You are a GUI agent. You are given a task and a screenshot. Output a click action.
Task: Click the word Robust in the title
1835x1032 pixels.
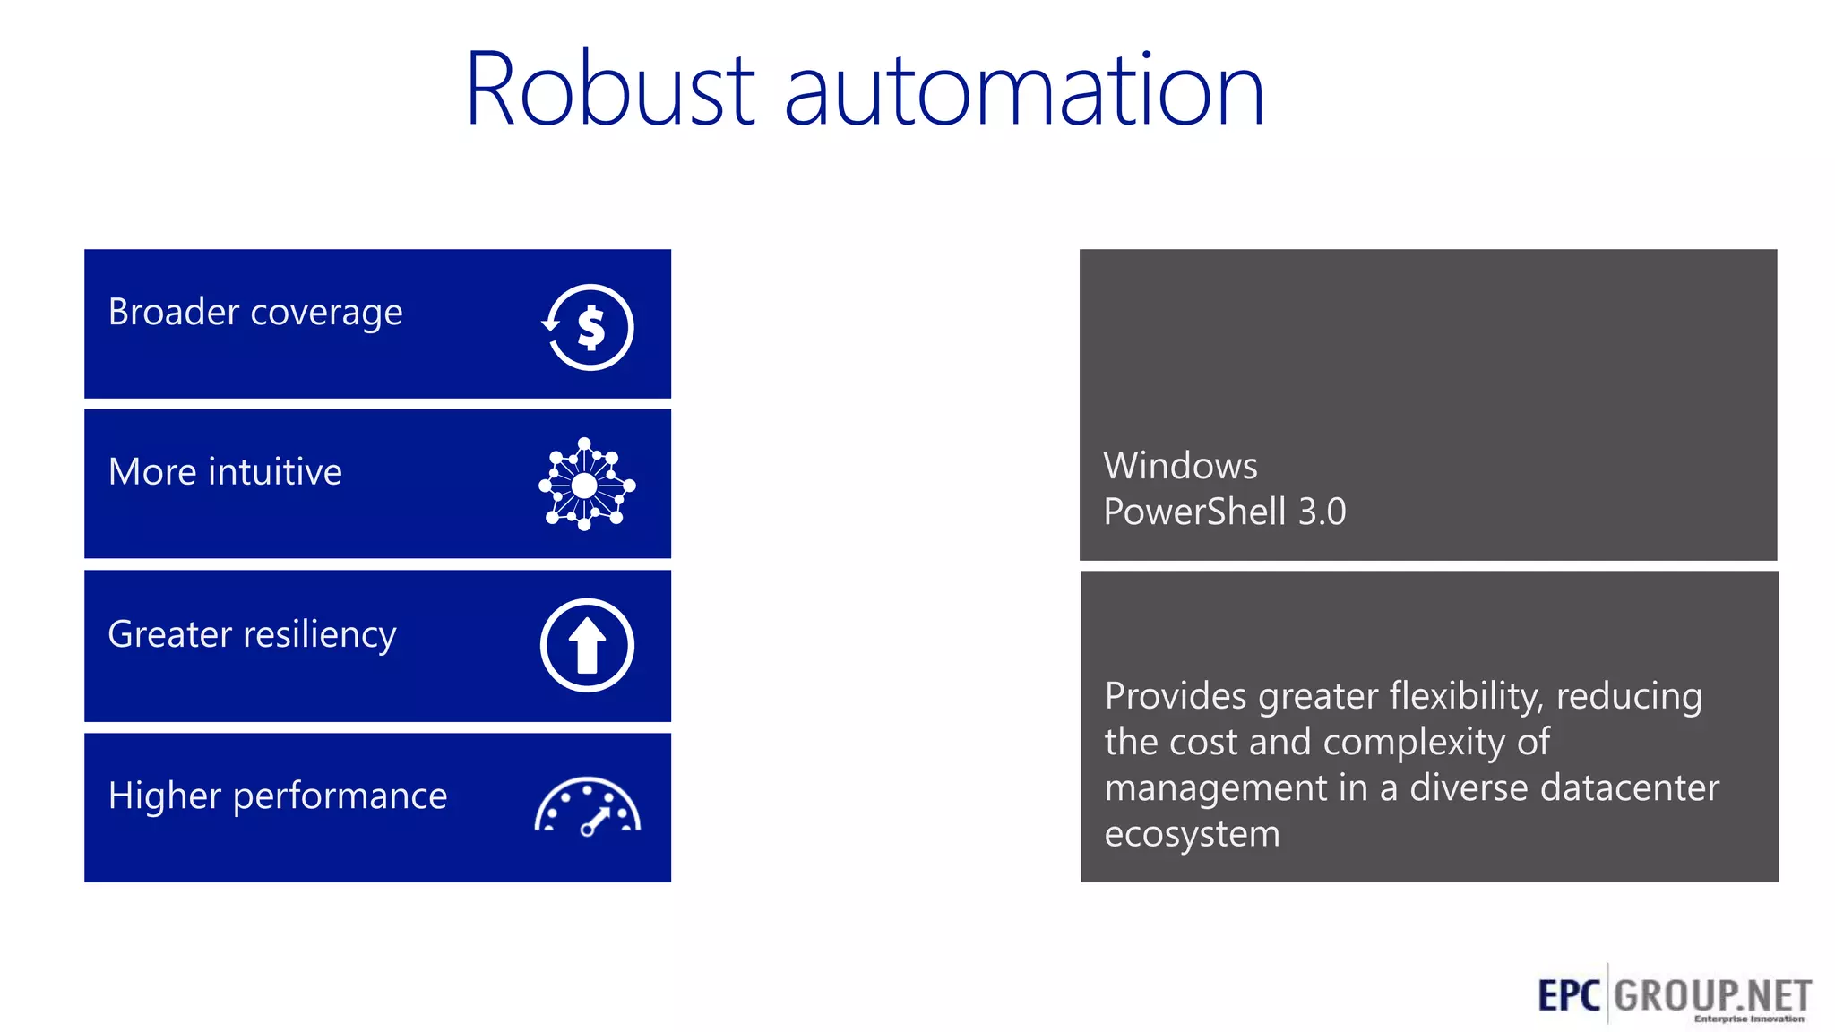[610, 90]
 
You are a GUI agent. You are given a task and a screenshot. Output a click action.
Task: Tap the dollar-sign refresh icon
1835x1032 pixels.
[588, 327]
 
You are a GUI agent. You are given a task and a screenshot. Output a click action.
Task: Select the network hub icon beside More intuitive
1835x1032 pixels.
[586, 485]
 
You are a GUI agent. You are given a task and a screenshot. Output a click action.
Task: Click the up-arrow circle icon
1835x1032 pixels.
[587, 645]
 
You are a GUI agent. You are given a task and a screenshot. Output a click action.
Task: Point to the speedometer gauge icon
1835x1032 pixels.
[587, 806]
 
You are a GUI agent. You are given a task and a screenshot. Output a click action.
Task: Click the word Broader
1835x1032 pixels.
[173, 312]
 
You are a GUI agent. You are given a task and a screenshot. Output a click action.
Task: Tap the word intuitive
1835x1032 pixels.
[274, 472]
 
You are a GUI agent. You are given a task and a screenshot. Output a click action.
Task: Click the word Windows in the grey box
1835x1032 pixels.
[1180, 466]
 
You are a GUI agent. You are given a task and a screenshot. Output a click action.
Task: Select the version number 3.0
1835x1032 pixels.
[1322, 512]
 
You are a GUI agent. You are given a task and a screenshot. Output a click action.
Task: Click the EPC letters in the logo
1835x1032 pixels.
[1568, 995]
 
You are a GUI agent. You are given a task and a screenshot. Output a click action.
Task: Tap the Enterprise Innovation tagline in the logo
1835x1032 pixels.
[1748, 1019]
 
